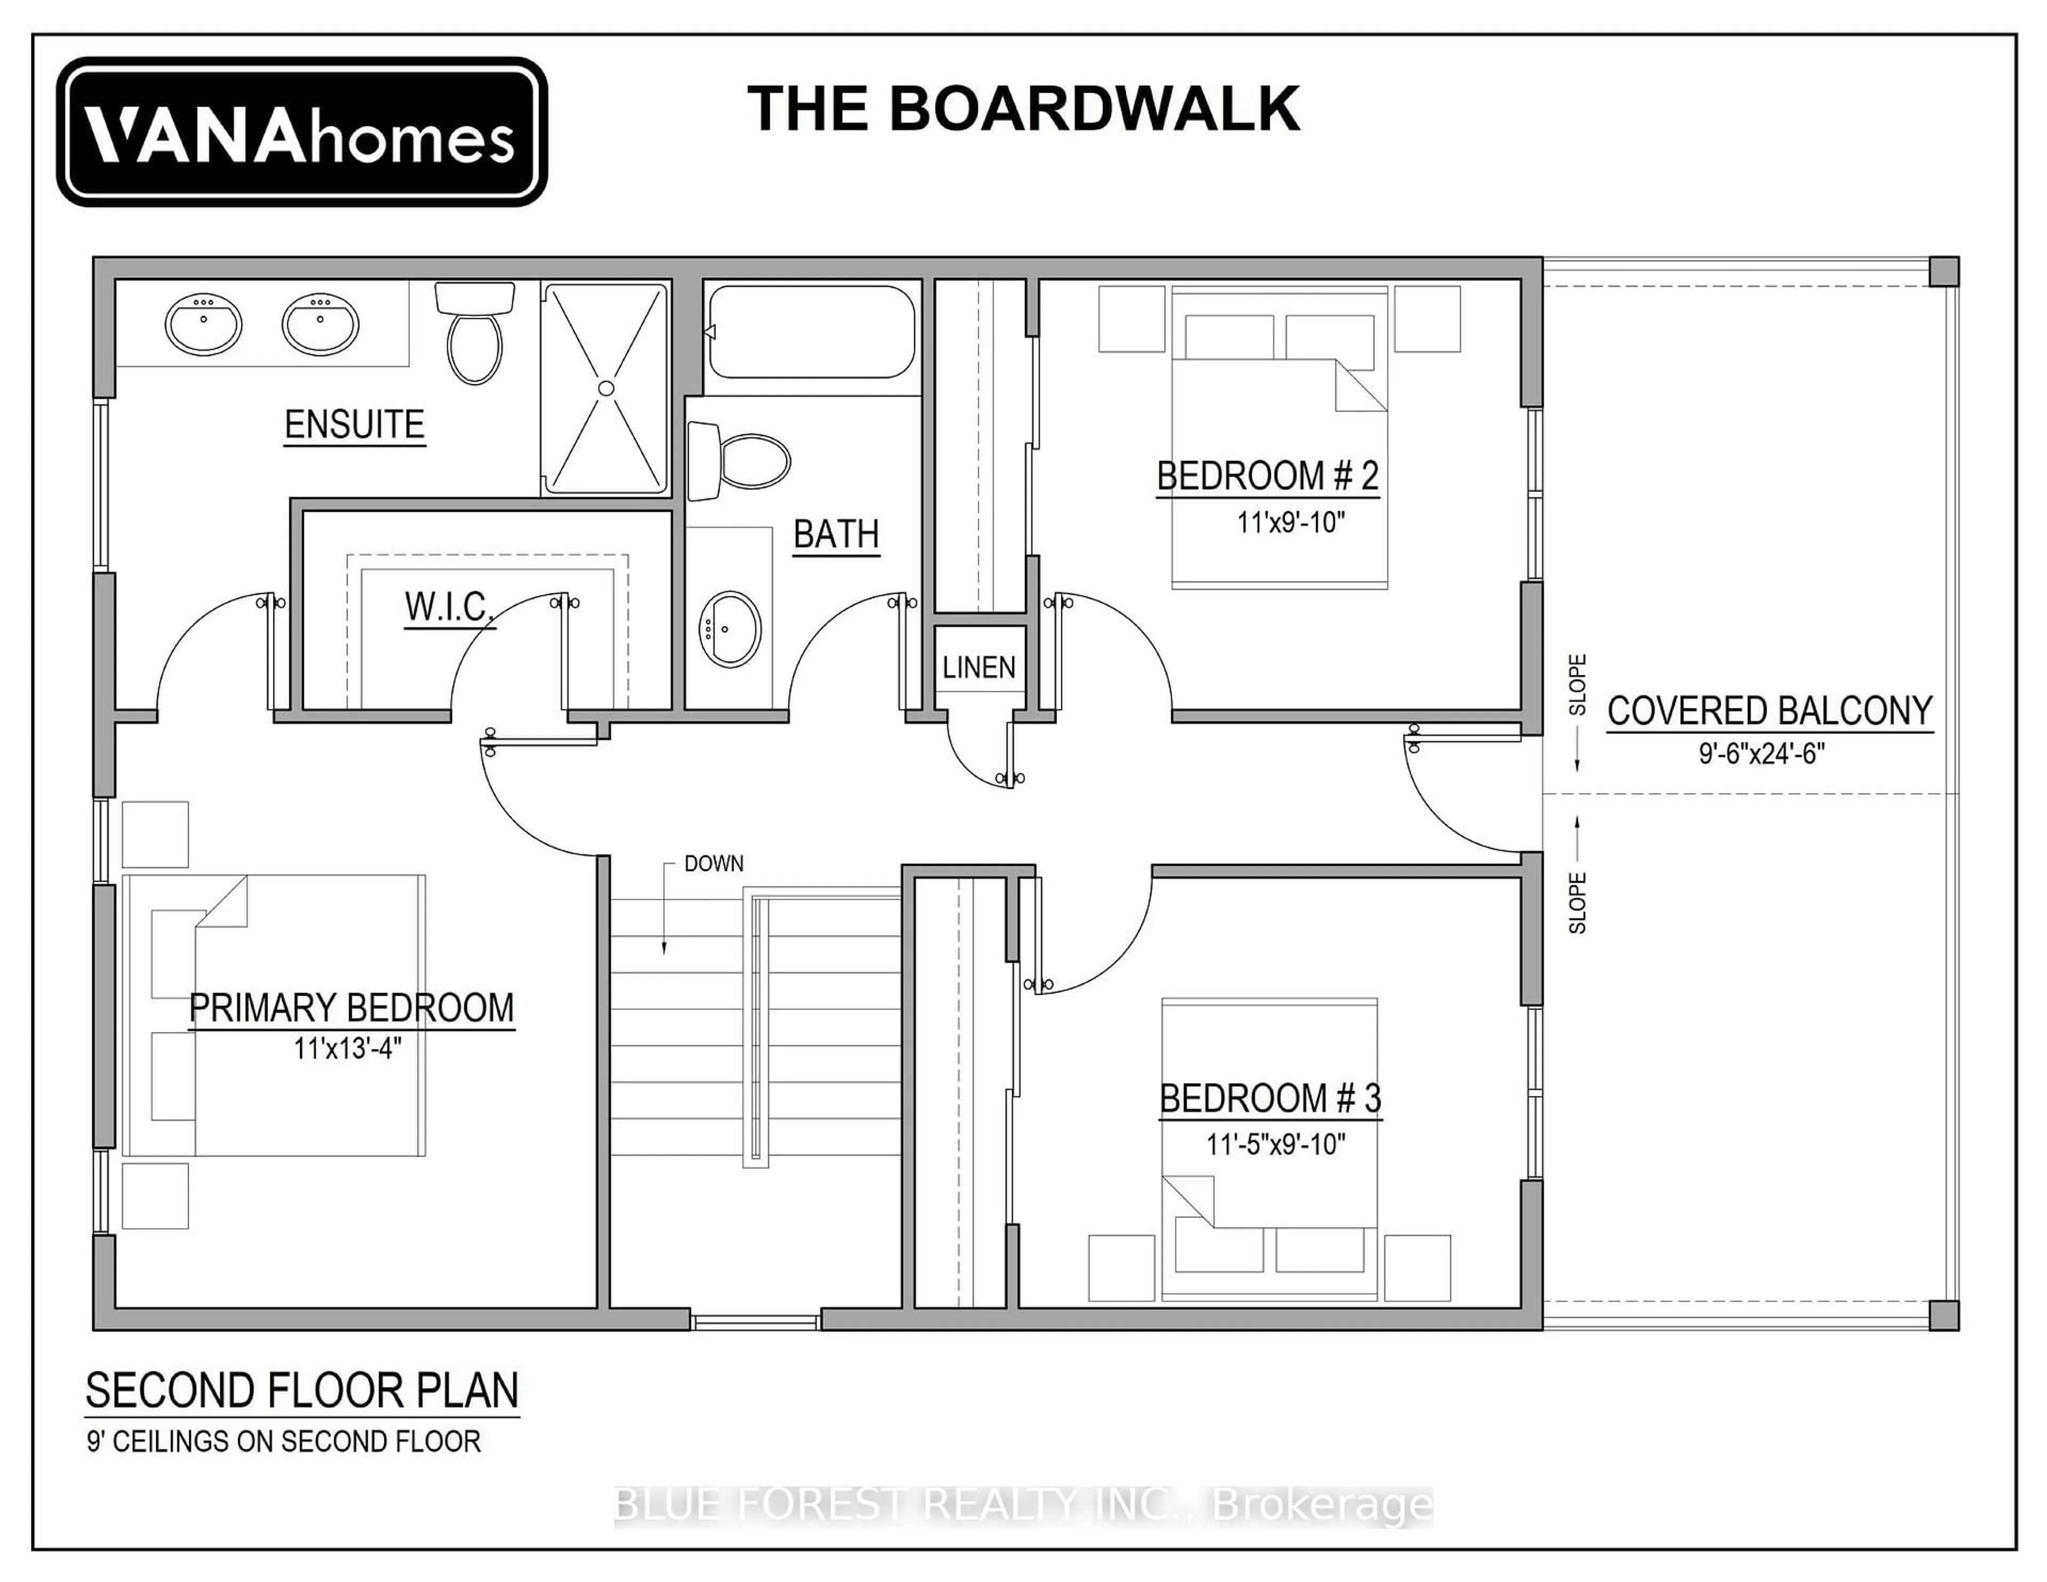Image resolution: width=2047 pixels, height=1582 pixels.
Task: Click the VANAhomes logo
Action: pos(302,132)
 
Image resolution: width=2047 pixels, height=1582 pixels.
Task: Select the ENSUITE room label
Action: pos(354,425)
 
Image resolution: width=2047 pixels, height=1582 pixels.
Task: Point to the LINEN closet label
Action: pos(979,667)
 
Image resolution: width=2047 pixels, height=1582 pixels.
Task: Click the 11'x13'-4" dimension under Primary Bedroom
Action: pos(348,1048)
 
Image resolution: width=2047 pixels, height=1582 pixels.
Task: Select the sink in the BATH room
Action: pos(729,629)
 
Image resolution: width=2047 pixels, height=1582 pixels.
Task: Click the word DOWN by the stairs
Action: pos(713,863)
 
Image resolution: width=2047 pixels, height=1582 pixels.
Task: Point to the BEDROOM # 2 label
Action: pos(1267,476)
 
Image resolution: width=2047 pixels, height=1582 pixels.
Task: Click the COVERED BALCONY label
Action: pos(1770,711)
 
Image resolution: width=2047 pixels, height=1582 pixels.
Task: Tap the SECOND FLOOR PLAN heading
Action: pos(302,1391)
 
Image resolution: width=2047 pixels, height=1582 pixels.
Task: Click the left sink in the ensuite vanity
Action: pos(204,324)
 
